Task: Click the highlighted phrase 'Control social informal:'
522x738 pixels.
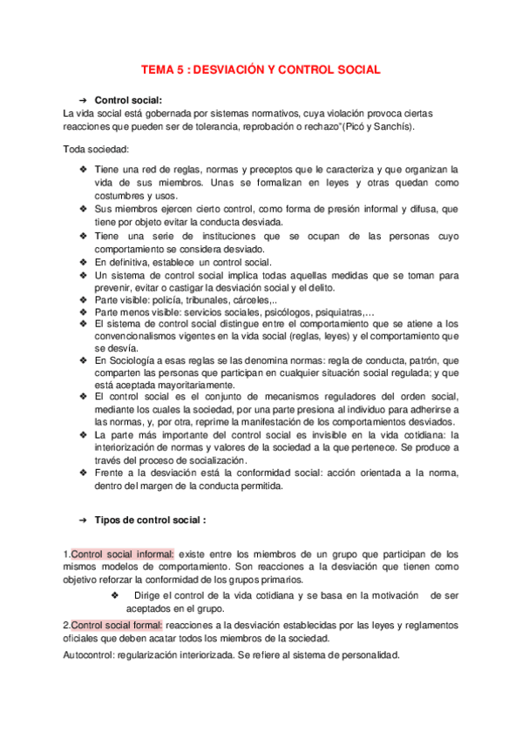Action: click(122, 553)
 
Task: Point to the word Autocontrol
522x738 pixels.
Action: click(91, 654)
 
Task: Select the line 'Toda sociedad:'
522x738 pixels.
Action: click(97, 149)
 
